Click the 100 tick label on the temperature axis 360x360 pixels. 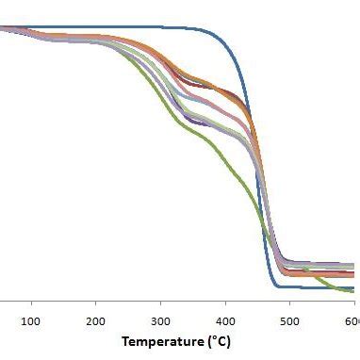pyautogui.click(x=31, y=321)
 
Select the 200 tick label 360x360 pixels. pyautogui.click(x=95, y=321)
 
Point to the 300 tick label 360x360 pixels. pyautogui.click(x=160, y=321)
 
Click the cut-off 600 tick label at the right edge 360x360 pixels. pyautogui.click(x=352, y=321)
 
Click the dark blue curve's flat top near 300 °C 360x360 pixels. pyautogui.click(x=160, y=27)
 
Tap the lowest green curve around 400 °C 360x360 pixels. pyautogui.click(x=225, y=168)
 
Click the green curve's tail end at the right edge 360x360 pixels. pyautogui.click(x=355, y=293)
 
